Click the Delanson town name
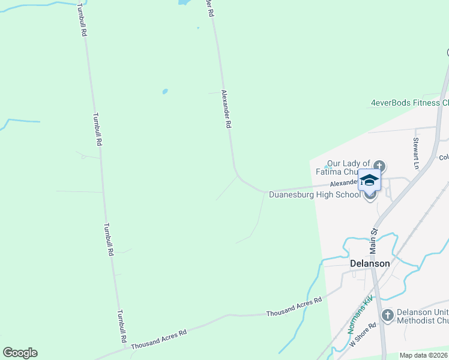[370, 263]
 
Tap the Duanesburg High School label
[315, 194]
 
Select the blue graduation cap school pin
[369, 179]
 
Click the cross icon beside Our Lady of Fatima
[379, 166]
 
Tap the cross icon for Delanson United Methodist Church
[387, 315]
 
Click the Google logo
[20, 353]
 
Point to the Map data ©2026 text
[424, 355]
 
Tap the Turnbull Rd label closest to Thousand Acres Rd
[122, 326]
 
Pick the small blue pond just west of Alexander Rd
[164, 92]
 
